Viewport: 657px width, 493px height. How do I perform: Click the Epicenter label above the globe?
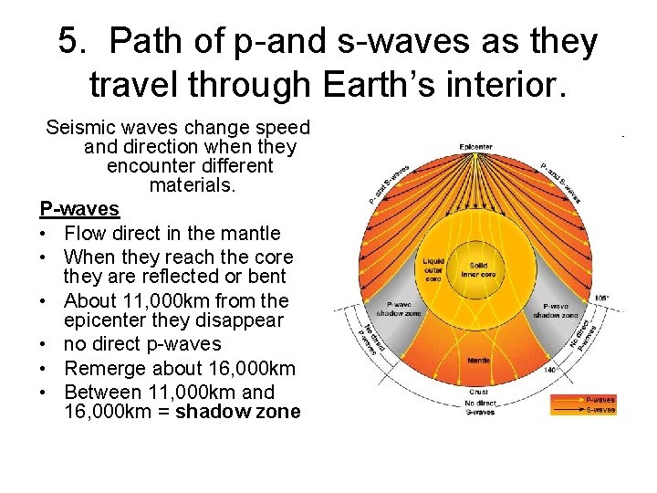tap(476, 146)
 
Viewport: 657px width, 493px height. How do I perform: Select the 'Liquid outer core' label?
tap(433, 268)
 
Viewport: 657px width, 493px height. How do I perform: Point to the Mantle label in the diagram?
tap(477, 361)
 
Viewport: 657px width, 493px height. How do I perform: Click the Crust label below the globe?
tap(477, 392)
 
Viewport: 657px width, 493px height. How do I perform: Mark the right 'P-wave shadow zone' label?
tap(555, 310)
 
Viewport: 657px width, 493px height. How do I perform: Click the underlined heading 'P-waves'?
tap(79, 209)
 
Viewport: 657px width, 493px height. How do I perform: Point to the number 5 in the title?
tap(68, 42)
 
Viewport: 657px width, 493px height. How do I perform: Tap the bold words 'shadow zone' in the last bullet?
tap(237, 412)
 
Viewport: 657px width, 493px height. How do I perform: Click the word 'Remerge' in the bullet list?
tap(102, 369)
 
